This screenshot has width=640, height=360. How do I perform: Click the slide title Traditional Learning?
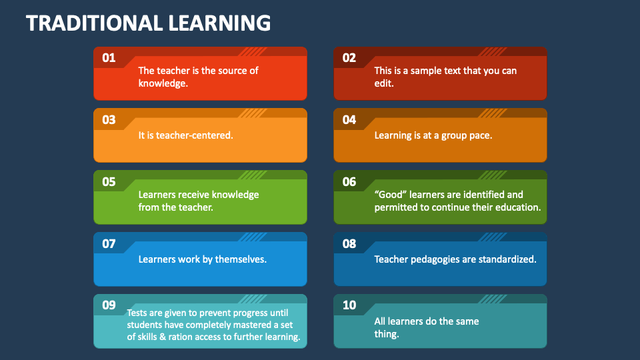click(148, 23)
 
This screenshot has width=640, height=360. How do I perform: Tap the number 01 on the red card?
click(109, 58)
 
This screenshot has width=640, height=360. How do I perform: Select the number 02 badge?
click(349, 58)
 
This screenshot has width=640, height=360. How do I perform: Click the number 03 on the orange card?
click(109, 120)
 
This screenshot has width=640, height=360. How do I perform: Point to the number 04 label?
click(349, 120)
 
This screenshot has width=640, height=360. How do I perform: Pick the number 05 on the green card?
click(109, 182)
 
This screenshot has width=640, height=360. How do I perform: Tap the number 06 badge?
click(349, 182)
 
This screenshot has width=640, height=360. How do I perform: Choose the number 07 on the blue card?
click(109, 244)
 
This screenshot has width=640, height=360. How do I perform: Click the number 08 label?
click(349, 244)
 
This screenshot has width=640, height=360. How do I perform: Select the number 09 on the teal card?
click(109, 305)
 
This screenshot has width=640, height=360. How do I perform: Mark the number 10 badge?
click(349, 305)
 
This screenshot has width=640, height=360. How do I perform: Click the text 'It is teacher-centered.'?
click(185, 135)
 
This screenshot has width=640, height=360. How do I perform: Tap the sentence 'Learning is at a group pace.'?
click(433, 135)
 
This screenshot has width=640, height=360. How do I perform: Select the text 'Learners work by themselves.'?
click(202, 259)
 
